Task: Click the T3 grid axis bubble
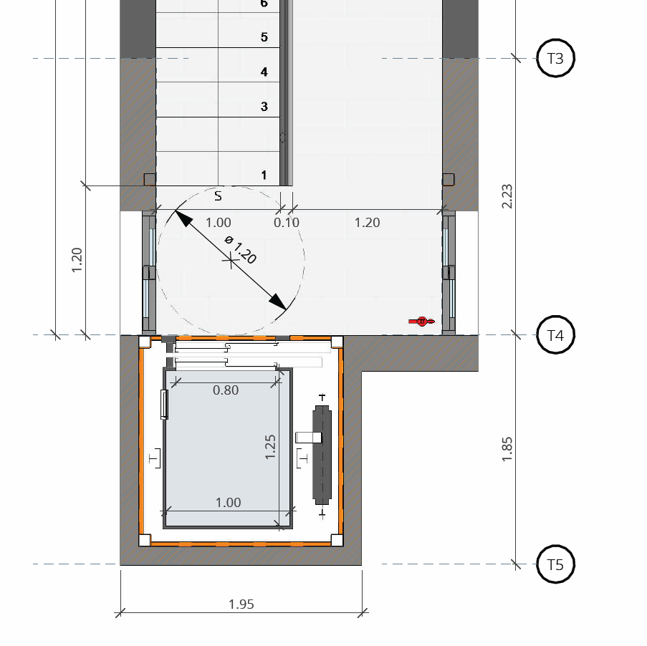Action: coord(555,58)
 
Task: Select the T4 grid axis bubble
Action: coord(555,334)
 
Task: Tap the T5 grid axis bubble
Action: coord(555,564)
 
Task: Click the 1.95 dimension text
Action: coord(241,604)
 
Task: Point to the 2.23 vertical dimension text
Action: coord(507,196)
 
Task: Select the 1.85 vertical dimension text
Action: coord(507,449)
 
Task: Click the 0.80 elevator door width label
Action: coord(226,390)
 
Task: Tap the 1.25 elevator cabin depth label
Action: coord(270,447)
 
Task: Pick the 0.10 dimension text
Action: coord(287,223)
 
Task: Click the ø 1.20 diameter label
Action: coord(241,249)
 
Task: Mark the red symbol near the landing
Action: coord(421,322)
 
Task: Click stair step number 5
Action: coord(264,37)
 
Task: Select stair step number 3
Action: coord(264,107)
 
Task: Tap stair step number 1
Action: coord(264,175)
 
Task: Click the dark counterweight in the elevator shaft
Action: coord(322,455)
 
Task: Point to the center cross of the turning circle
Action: coord(230,260)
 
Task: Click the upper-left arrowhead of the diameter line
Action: coord(183,218)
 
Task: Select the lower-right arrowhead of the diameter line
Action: coord(278,302)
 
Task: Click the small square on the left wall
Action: coord(150,180)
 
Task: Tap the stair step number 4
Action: coord(264,72)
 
